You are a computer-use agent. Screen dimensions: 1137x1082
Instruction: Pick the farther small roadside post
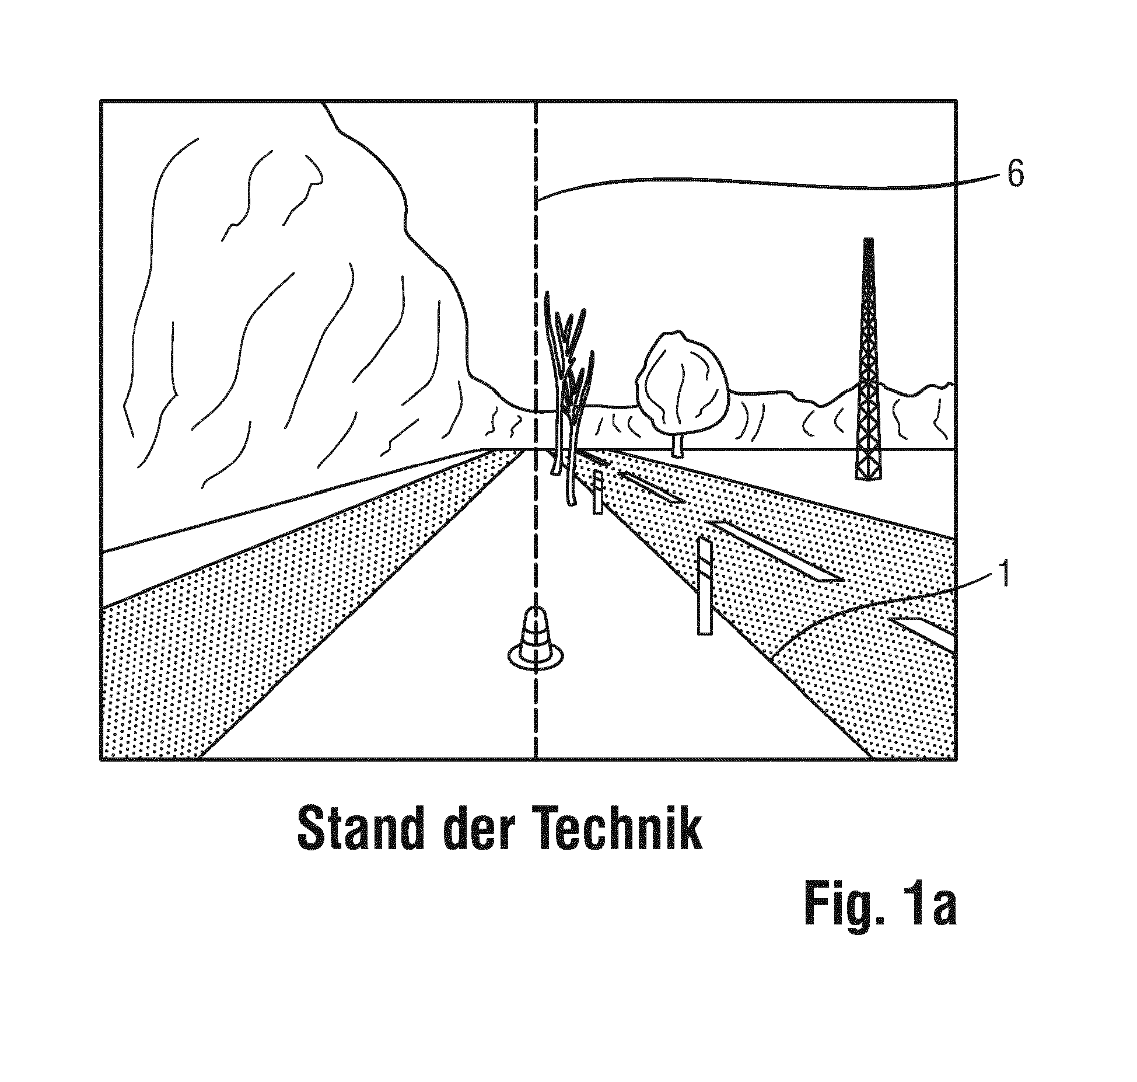click(597, 493)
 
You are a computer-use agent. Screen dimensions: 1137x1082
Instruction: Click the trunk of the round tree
click(677, 445)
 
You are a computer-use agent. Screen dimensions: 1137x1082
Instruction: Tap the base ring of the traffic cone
click(536, 657)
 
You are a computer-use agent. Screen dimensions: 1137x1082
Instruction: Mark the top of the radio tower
click(869, 242)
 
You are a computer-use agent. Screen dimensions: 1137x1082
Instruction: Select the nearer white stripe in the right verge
click(776, 549)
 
